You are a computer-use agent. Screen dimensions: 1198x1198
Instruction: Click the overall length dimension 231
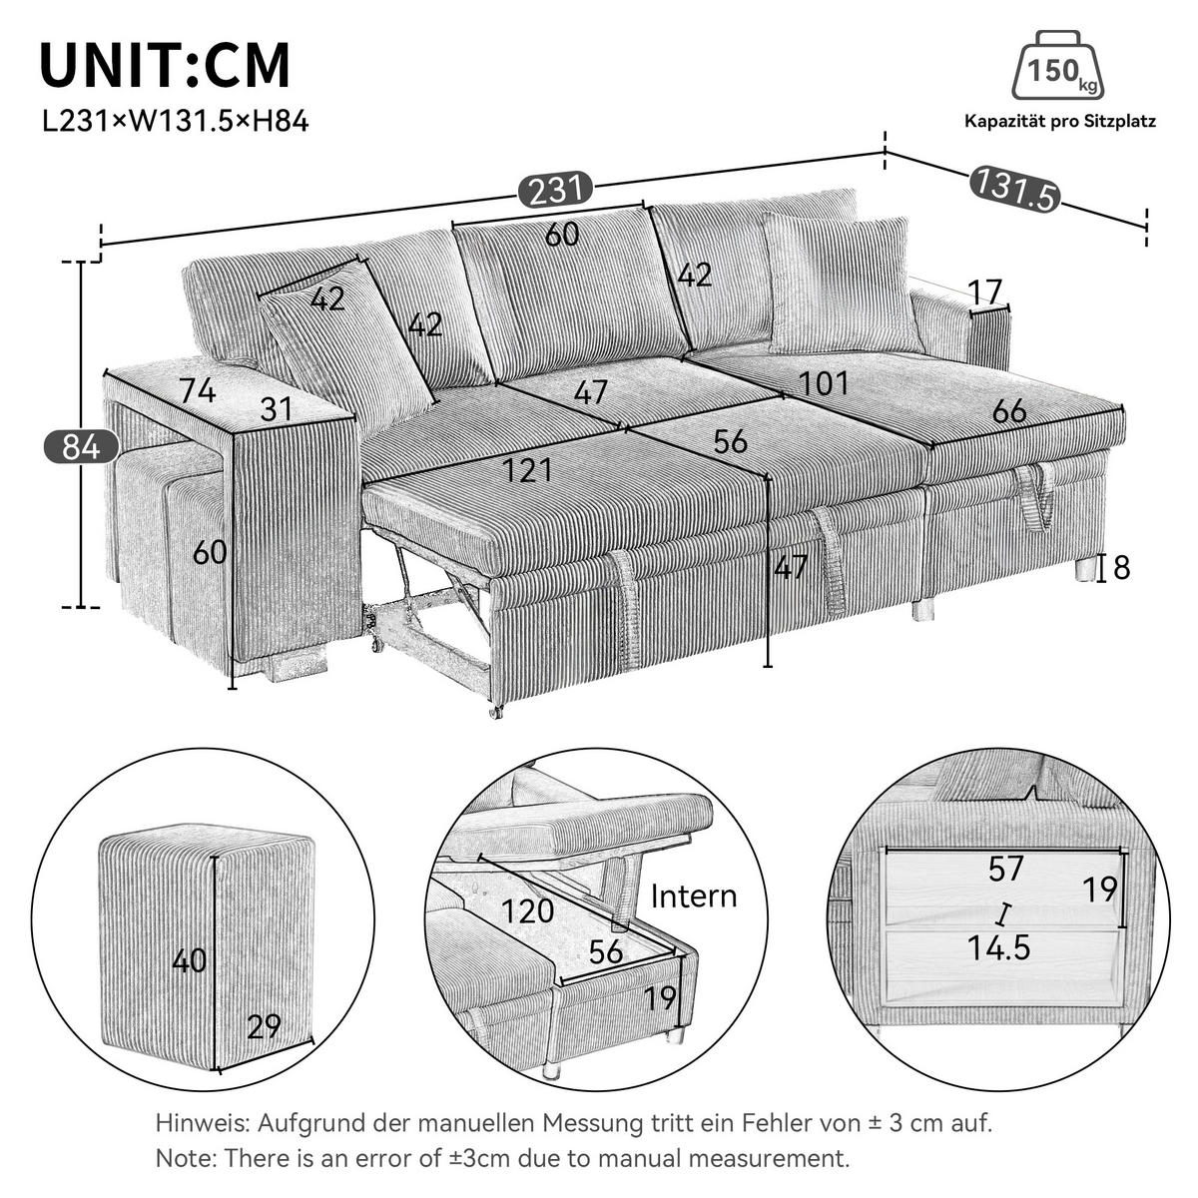click(555, 190)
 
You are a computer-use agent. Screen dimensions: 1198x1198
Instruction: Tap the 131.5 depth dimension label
click(1012, 190)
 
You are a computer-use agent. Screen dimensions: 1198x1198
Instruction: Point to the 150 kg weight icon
click(1058, 68)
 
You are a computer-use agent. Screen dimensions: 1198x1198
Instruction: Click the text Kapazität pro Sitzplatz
click(1059, 122)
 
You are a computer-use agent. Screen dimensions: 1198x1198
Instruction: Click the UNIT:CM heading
click(165, 66)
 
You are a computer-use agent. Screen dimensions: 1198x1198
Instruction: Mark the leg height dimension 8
click(1121, 568)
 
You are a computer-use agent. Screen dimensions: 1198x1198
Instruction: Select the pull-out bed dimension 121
click(527, 469)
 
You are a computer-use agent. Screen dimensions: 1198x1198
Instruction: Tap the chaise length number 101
click(824, 382)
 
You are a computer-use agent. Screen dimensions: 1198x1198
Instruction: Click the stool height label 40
click(189, 960)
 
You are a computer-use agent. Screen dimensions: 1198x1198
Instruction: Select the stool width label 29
click(264, 1027)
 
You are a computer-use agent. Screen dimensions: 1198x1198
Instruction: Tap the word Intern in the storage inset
click(694, 896)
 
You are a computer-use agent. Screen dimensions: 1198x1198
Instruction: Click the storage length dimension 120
click(528, 910)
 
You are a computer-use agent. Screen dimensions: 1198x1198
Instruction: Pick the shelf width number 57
click(1004, 869)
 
